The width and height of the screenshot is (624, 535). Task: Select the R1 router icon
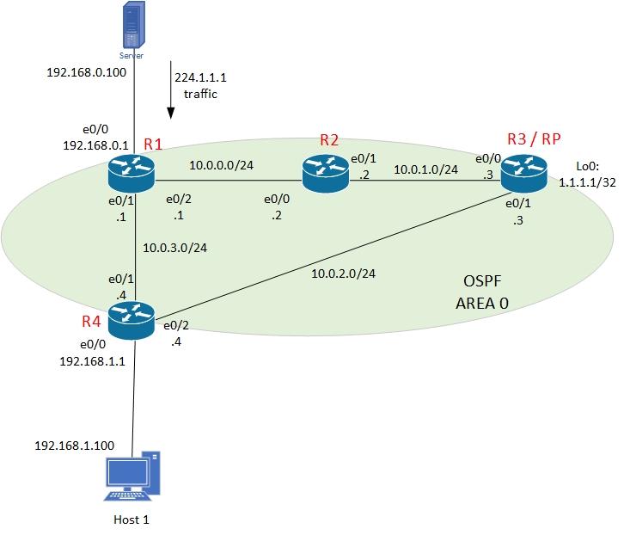[131, 175]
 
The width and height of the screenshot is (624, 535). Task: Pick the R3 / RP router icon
[524, 174]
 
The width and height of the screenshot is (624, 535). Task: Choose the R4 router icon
[132, 320]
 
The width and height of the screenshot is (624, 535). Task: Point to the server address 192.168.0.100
[86, 72]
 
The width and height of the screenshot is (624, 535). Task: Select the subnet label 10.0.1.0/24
[425, 169]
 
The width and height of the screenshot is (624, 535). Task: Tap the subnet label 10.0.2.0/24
[345, 274]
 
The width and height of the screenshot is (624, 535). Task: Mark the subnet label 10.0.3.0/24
[176, 248]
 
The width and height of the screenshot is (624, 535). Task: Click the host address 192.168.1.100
[74, 446]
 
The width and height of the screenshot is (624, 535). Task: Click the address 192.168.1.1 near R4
[92, 361]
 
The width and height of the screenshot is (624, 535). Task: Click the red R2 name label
[329, 139]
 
